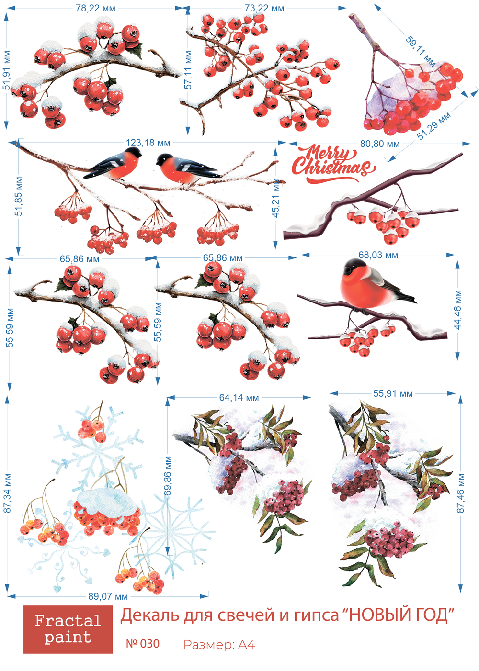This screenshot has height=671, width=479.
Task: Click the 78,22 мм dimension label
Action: pyautogui.click(x=95, y=8)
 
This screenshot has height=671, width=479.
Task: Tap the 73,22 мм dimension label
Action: pyautogui.click(x=264, y=8)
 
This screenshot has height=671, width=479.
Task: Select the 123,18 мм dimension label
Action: pyautogui.click(x=148, y=143)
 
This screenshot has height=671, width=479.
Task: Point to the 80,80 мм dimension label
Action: pyautogui.click(x=379, y=144)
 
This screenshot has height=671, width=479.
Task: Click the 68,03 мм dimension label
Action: pyautogui.click(x=378, y=255)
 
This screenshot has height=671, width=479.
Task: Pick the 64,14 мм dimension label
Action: pyautogui.click(x=239, y=398)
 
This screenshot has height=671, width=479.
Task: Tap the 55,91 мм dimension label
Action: pyautogui.click(x=393, y=393)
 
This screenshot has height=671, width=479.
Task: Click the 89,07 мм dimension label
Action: pyautogui.click(x=108, y=596)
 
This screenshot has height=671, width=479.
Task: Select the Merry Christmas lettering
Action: pyautogui.click(x=333, y=164)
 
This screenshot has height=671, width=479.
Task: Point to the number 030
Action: pyautogui.click(x=149, y=643)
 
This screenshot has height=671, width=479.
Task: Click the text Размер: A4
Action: pyautogui.click(x=219, y=645)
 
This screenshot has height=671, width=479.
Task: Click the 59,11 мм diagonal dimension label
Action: pyautogui.click(x=420, y=51)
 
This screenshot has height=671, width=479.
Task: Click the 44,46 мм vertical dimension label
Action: pyautogui.click(x=458, y=310)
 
